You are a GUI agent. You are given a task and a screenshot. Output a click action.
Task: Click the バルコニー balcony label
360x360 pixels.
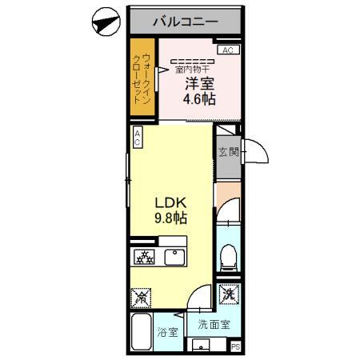[186, 22]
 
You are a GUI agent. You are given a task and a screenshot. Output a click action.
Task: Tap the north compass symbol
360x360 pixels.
[106, 22]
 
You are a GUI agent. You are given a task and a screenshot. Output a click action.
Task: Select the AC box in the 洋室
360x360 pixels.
[228, 50]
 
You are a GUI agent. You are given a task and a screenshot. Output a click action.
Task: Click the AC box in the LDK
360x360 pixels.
[138, 137]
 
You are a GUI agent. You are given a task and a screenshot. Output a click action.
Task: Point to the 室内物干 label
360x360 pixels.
[192, 70]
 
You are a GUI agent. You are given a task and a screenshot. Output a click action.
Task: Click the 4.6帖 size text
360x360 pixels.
[199, 99]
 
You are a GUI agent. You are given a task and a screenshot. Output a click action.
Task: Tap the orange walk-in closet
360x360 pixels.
[142, 77]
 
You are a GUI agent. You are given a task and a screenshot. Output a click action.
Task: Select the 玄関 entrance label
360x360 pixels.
[229, 152]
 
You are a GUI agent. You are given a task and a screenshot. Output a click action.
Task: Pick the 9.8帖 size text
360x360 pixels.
[171, 218]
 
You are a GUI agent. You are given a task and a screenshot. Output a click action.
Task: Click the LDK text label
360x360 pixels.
[171, 203]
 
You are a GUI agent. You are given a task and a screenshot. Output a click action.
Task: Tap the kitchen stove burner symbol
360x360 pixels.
[144, 257]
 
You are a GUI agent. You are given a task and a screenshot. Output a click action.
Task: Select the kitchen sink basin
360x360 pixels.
[175, 257]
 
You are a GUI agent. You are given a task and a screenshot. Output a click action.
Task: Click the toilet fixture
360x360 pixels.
[229, 258]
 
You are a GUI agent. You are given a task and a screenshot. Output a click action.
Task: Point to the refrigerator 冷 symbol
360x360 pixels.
[141, 298]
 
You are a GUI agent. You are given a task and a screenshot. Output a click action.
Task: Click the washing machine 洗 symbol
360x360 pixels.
[230, 294]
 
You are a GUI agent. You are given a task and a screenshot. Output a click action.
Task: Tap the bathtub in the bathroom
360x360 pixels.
[142, 331]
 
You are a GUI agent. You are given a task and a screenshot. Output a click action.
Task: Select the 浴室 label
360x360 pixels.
[167, 332]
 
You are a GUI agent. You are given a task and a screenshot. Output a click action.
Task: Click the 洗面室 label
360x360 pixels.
[214, 324]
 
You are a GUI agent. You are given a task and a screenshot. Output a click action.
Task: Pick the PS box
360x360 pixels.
[236, 346]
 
